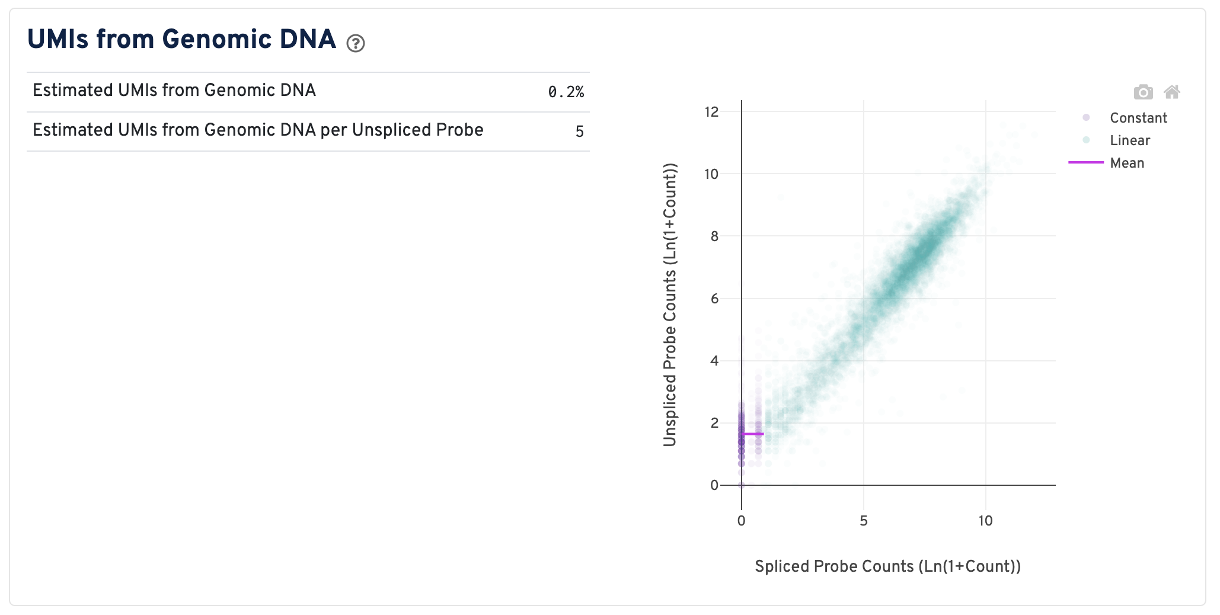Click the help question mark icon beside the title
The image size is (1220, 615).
356,43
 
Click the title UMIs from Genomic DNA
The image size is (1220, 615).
181,40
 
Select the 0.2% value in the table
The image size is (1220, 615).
566,92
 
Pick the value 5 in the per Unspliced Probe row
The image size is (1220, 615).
579,132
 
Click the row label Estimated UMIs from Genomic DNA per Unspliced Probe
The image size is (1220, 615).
258,130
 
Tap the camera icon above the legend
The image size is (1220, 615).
1143,92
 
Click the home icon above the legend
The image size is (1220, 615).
1171,92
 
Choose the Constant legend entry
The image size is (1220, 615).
1138,118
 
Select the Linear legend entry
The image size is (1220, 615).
1129,140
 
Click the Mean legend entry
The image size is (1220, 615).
1126,163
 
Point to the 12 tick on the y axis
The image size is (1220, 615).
711,112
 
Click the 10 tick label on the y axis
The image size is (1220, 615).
711,174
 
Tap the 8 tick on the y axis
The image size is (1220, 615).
714,236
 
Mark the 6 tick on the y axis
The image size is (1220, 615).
714,299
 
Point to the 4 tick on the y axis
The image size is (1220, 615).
714,361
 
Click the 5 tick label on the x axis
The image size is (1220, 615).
864,521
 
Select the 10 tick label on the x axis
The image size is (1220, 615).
985,521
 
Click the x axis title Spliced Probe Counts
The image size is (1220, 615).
887,566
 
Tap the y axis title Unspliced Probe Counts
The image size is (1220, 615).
670,305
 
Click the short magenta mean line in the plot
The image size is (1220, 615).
752,434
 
